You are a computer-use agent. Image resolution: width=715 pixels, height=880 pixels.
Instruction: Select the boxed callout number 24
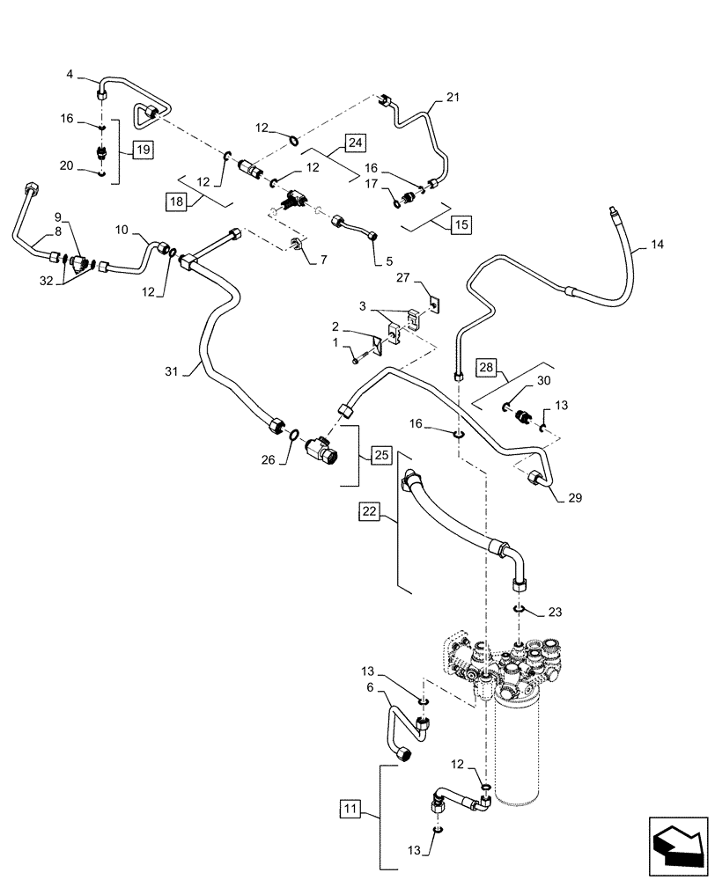(355, 143)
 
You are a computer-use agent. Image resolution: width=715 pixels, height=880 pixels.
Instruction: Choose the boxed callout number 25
(380, 455)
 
